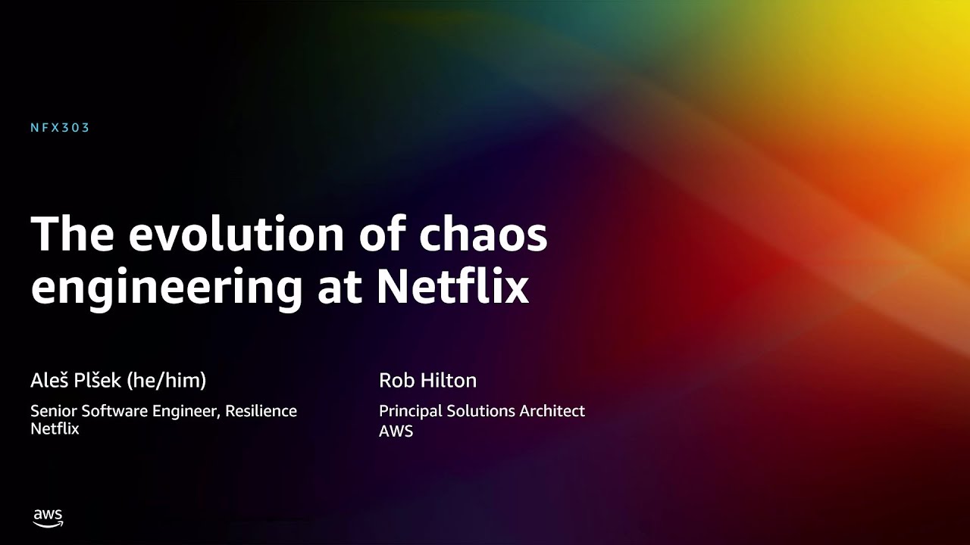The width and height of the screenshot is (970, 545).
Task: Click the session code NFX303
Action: (60, 128)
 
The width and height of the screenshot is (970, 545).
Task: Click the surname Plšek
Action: (99, 380)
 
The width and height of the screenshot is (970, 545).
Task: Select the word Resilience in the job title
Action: (261, 411)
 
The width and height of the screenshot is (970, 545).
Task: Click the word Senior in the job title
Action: (54, 411)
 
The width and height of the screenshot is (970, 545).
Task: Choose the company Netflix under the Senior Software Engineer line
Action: (55, 428)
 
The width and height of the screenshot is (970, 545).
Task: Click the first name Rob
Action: (396, 380)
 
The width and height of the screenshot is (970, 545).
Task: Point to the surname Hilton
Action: (449, 380)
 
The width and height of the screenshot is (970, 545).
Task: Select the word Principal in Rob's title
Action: (410, 411)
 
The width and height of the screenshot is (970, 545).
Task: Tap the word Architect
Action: (552, 411)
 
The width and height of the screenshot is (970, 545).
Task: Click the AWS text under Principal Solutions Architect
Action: (396, 431)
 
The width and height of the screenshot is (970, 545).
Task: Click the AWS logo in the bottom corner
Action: (48, 519)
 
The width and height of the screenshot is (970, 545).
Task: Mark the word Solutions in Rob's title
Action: (480, 411)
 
